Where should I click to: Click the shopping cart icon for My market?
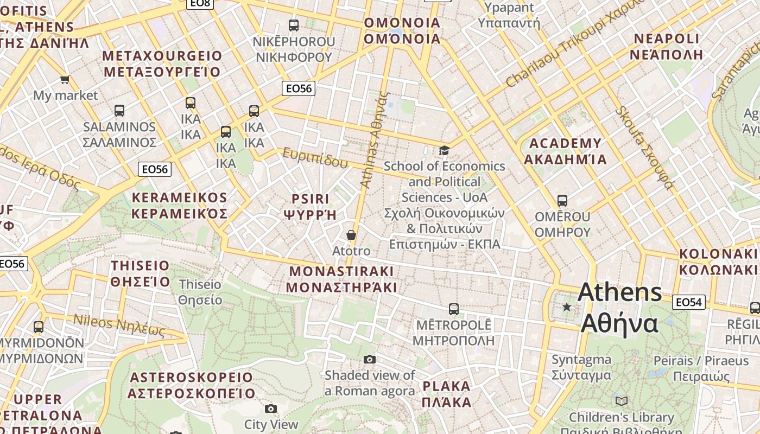point(65,80)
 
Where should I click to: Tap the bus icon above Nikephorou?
point(294,25)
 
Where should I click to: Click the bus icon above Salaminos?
point(119,111)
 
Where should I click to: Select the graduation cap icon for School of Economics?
point(444,150)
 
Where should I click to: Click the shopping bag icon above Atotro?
point(351,235)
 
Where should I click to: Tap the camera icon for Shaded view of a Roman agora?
point(370,359)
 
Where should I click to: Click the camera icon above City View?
point(271,409)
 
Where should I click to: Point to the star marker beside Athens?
point(567,307)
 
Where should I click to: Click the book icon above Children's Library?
point(622,401)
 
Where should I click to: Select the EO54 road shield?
point(688,302)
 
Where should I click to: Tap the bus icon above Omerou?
point(562,201)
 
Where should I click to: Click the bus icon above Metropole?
point(454,309)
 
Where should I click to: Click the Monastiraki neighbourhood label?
point(342,279)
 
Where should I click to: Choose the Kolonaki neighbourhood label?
point(718,262)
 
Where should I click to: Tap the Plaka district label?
point(447,394)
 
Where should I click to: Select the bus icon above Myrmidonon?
point(39,327)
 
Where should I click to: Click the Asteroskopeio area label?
point(191,385)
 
